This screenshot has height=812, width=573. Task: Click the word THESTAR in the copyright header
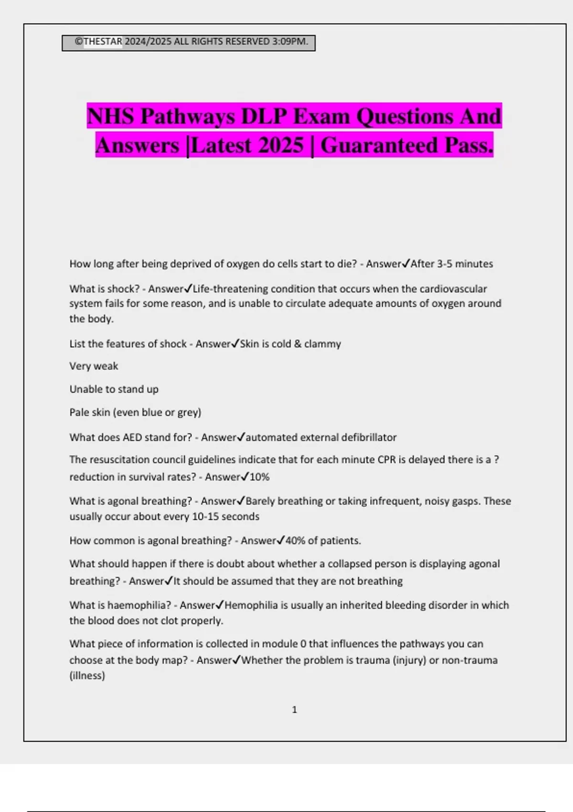[103, 42]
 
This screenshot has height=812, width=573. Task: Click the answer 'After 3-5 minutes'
[452, 264]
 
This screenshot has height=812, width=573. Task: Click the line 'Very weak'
[94, 366]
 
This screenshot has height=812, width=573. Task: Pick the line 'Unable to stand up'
[114, 389]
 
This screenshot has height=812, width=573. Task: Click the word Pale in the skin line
[80, 412]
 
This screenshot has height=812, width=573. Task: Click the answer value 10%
[260, 477]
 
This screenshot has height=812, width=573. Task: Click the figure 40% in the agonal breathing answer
[295, 541]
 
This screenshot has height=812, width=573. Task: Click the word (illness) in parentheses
[87, 675]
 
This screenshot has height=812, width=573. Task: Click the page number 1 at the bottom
[294, 710]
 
